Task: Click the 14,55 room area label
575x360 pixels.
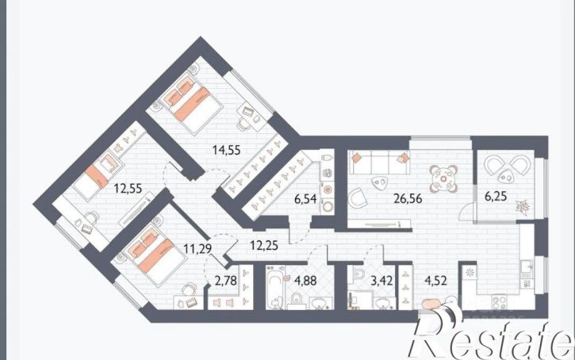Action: tap(227, 150)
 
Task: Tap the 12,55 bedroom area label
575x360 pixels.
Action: tap(128, 189)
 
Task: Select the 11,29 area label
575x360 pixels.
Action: tap(197, 249)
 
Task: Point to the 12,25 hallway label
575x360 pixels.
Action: tap(264, 245)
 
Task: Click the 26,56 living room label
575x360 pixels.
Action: tap(408, 199)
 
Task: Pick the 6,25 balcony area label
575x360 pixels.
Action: tap(496, 197)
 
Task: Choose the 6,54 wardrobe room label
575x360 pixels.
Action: tap(305, 199)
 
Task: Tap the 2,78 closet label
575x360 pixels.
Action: tap(225, 281)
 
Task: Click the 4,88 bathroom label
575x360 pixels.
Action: tap(305, 281)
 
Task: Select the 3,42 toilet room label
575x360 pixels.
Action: tap(381, 281)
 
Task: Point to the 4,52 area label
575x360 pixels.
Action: tap(435, 281)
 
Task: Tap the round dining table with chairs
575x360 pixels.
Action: tap(443, 179)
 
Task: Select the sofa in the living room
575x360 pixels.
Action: tap(379, 163)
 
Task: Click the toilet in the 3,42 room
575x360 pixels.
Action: tap(358, 273)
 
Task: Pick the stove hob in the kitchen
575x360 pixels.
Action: tap(499, 302)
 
